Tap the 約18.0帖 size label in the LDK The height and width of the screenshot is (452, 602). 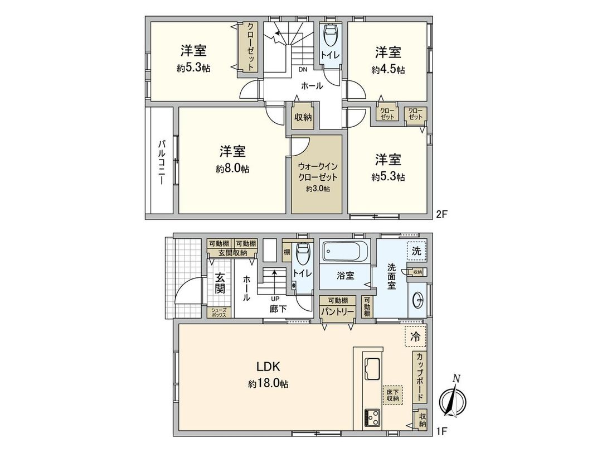pyautogui.click(x=268, y=384)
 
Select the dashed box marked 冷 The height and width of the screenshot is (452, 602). pyautogui.click(x=415, y=336)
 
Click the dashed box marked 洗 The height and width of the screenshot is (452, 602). pyautogui.click(x=416, y=251)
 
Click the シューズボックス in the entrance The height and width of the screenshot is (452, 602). pyautogui.click(x=218, y=312)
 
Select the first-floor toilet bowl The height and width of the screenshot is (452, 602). pyautogui.click(x=302, y=257)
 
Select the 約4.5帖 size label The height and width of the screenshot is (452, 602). pyautogui.click(x=388, y=70)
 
